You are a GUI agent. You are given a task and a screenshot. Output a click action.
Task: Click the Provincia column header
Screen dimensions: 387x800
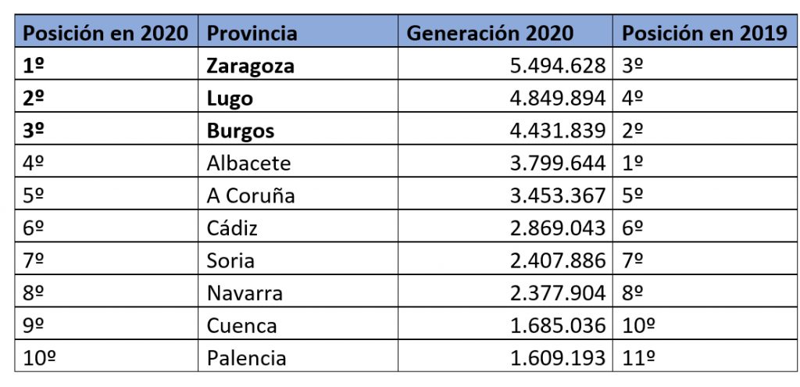(x=252, y=33)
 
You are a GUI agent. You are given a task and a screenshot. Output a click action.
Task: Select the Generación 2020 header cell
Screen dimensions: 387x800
(x=490, y=33)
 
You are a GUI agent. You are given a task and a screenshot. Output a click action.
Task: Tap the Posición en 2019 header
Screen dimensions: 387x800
(x=704, y=33)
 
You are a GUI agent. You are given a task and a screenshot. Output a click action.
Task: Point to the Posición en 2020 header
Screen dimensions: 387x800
(x=105, y=33)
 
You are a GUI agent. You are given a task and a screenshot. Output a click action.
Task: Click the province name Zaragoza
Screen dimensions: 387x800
(x=250, y=66)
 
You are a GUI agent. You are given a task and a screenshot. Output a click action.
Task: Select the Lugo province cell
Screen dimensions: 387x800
(x=230, y=99)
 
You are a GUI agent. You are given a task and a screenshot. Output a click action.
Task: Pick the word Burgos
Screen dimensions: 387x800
(x=240, y=131)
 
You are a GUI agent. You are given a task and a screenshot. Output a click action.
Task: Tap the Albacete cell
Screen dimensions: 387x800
(x=248, y=163)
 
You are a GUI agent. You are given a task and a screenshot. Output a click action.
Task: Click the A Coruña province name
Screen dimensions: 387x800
(x=251, y=195)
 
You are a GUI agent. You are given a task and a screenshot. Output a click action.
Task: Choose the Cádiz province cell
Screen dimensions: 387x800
(x=232, y=228)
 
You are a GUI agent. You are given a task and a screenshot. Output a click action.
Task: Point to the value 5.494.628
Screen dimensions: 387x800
(x=558, y=66)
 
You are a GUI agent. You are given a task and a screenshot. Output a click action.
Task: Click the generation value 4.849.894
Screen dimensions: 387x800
(x=558, y=99)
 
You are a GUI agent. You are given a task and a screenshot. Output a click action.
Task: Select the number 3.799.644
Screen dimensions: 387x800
(x=558, y=163)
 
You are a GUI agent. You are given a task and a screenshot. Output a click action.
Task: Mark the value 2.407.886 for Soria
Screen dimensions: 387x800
(x=558, y=260)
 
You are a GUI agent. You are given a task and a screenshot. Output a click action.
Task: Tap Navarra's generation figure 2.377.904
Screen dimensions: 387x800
(x=558, y=293)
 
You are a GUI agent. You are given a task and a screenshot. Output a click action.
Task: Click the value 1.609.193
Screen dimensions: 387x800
(x=558, y=358)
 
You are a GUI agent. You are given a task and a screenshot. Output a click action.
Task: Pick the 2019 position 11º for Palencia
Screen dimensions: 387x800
(x=638, y=358)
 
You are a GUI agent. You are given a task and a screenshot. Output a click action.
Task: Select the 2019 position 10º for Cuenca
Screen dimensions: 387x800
(x=638, y=325)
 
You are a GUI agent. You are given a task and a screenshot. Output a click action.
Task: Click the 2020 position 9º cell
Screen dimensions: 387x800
(x=34, y=325)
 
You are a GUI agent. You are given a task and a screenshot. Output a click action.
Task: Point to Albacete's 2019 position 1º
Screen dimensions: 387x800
(x=633, y=163)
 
